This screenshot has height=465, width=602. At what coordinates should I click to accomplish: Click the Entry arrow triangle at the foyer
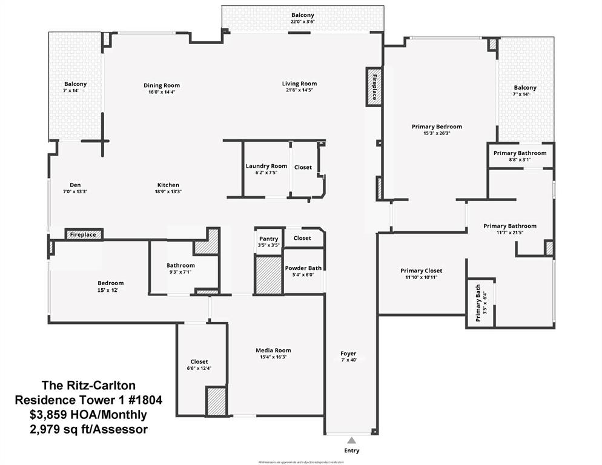351,440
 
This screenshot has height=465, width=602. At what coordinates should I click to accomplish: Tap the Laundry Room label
266,167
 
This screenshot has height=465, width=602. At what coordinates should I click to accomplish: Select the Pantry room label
268,239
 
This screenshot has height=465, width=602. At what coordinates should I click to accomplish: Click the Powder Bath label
303,268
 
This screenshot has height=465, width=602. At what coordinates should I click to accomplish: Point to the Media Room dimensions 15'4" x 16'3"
273,357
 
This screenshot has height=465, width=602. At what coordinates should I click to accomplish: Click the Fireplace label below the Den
84,234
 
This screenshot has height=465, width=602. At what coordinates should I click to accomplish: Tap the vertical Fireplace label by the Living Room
374,87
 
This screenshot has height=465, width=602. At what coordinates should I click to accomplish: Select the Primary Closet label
421,271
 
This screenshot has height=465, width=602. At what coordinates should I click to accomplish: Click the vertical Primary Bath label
478,303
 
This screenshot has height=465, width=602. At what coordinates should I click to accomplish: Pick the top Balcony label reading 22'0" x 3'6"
303,22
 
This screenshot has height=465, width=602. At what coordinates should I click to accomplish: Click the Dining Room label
161,85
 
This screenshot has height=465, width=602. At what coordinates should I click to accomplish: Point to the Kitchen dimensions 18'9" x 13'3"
168,191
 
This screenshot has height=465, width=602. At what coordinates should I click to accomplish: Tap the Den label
75,185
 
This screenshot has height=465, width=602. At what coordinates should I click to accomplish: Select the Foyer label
348,354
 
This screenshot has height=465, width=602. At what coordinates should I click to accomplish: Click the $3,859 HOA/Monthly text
88,415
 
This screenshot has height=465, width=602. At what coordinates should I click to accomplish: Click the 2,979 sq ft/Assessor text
88,429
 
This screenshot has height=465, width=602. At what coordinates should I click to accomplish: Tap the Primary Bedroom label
437,127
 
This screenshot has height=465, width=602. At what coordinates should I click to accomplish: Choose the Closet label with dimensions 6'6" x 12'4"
199,361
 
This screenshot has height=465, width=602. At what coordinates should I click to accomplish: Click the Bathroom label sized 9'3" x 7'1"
180,265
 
